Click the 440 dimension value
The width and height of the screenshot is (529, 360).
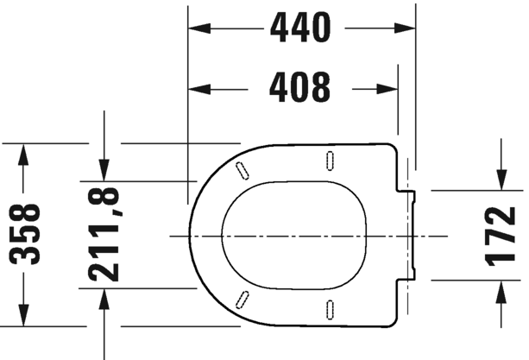[x=300, y=28]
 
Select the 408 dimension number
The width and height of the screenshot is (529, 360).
[x=300, y=86]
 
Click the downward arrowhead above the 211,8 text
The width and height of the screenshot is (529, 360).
[x=105, y=171]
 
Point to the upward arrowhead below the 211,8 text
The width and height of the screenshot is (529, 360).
[x=105, y=299]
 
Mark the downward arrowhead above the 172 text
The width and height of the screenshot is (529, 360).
[x=501, y=180]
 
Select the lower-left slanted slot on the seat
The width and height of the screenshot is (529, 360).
[x=243, y=300]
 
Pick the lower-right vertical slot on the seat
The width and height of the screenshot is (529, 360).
[x=331, y=308]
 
